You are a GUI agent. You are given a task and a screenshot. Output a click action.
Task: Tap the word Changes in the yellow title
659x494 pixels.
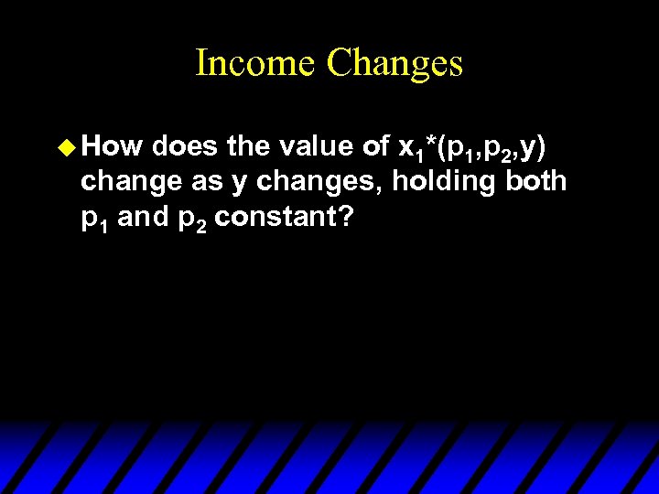[x=394, y=63]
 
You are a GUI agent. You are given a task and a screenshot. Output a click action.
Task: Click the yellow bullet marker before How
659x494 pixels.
[x=70, y=146]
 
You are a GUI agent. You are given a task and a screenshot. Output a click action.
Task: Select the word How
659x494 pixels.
[x=115, y=146]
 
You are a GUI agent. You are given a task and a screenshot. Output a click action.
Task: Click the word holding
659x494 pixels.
[x=442, y=181]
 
